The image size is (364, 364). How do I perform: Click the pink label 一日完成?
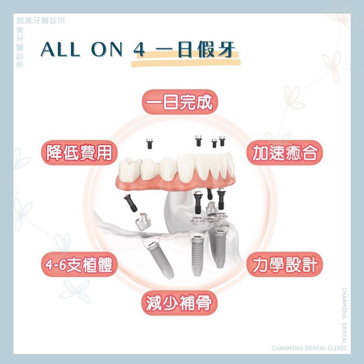tap(180, 102)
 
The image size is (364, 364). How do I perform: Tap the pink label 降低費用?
tap(79, 153)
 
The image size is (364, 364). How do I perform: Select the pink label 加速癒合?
tap(284, 153)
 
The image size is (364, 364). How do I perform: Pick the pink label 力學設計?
tap(284, 265)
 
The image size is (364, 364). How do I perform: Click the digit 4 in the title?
tap(139, 50)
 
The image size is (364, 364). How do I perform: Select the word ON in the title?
tap(107, 50)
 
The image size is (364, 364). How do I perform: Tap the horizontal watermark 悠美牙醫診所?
tap(41, 21)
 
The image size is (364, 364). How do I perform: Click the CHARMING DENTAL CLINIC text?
tap(309, 348)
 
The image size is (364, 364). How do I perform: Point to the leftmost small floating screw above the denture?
tap(149, 143)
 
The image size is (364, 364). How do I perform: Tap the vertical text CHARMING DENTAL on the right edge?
tap(344, 316)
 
